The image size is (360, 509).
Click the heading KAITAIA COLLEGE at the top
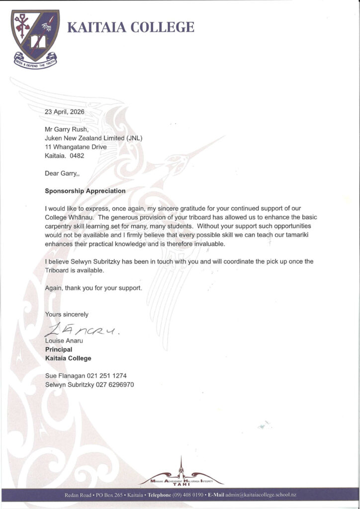131,27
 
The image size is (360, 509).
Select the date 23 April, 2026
65,112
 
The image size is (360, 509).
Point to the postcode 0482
77,156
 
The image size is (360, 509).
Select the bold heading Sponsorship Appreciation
85,190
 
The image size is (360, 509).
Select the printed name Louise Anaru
65,341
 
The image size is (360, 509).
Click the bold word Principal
59,349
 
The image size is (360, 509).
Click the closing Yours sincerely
67,314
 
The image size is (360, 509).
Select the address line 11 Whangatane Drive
76,147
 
